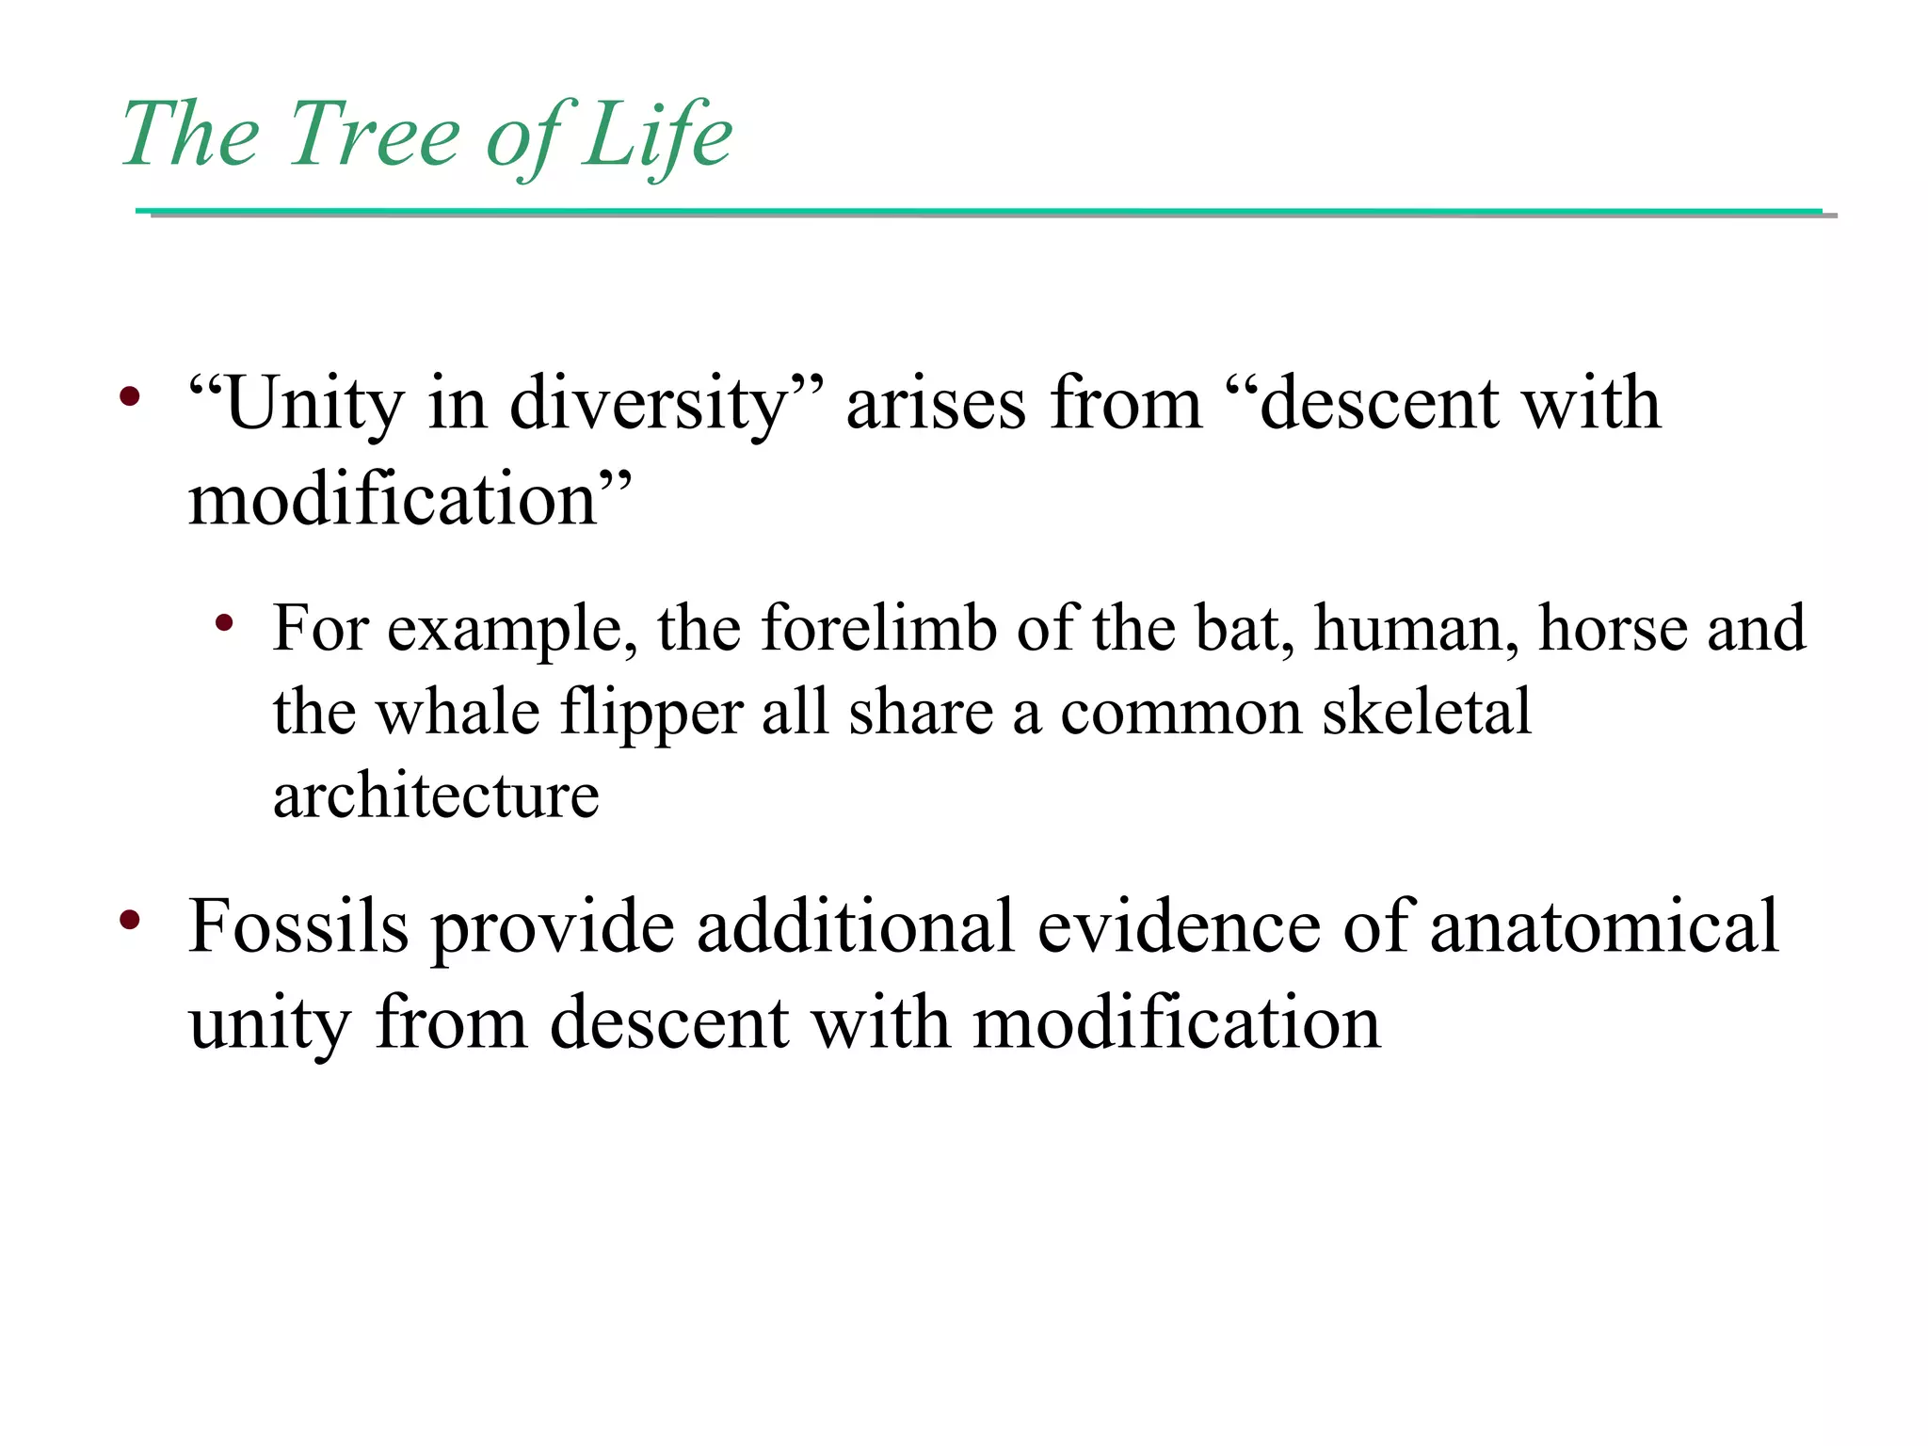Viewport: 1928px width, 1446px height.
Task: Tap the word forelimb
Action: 878,628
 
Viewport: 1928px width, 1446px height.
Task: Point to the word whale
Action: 458,712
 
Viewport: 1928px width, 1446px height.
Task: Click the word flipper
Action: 651,714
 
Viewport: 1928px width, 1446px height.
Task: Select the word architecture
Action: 436,796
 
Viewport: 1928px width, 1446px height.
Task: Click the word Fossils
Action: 298,927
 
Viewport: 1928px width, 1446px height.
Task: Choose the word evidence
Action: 1179,927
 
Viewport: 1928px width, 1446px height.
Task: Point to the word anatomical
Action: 1604,927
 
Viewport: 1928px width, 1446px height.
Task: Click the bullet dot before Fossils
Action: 130,919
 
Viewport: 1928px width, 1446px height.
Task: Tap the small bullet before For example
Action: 224,622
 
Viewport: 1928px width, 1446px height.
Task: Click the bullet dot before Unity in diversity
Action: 130,396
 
